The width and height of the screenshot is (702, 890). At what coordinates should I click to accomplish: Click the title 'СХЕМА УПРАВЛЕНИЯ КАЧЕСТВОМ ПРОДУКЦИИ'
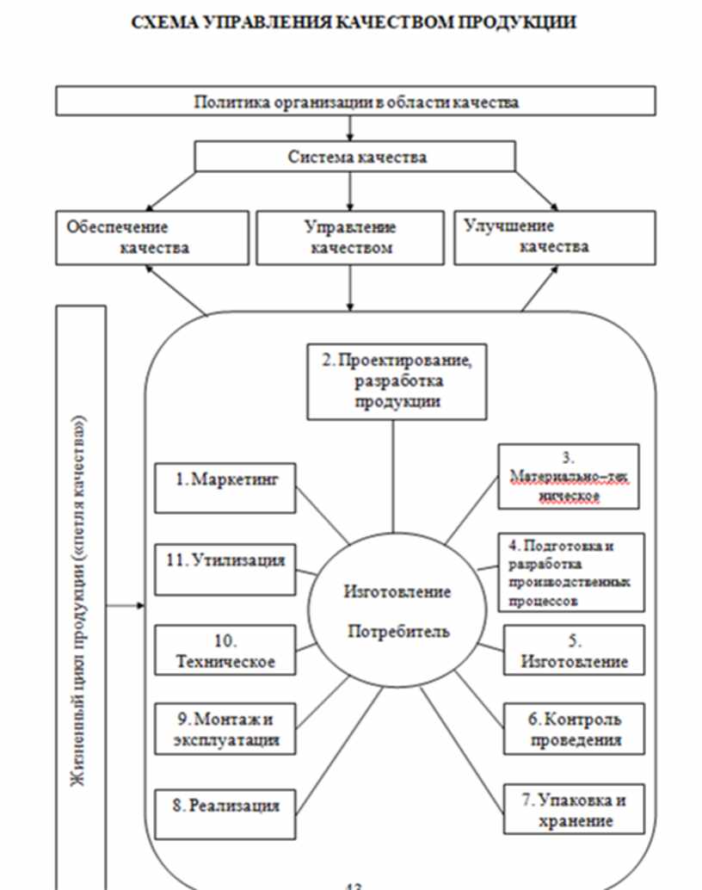[353, 22]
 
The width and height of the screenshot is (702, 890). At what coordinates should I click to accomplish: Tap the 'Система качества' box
[354, 157]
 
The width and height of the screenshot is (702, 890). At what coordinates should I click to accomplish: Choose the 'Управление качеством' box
[350, 238]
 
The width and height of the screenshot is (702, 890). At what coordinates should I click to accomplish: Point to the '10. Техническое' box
[225, 651]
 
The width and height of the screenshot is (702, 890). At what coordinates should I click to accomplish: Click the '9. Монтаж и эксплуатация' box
[225, 728]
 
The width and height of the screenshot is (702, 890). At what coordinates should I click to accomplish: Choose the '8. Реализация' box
[225, 806]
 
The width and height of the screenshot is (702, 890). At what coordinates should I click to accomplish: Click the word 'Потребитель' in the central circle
[397, 633]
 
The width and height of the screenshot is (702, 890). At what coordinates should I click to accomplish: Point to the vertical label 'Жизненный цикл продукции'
[79, 594]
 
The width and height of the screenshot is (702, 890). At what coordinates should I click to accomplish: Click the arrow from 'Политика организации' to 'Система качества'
[350, 128]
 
